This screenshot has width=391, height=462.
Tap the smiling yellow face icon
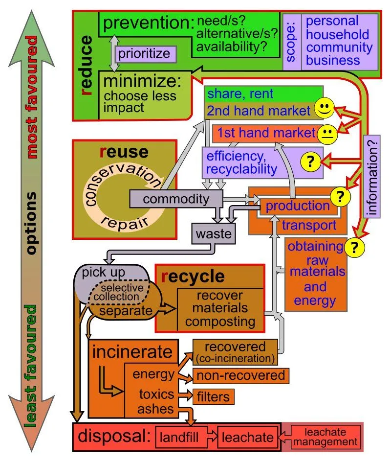coord(324,109)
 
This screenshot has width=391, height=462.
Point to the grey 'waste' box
coord(214,234)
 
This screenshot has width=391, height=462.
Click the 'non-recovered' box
coord(241,375)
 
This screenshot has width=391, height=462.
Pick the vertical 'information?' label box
coord(373,176)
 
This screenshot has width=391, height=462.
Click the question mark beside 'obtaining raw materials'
coord(354,248)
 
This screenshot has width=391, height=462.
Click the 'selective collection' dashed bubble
coord(120,293)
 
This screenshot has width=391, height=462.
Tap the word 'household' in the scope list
coord(338,34)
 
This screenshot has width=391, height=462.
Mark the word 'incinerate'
coord(132,351)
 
